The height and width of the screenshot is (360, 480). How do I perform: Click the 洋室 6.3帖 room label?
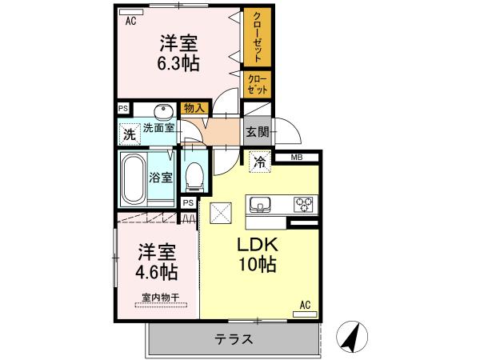point(178,54)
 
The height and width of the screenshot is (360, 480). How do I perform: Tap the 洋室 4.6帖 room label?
point(157,262)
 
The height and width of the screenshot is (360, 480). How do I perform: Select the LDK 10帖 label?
point(258,254)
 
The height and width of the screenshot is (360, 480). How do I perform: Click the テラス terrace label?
point(234,339)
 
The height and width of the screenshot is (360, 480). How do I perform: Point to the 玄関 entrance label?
point(258,132)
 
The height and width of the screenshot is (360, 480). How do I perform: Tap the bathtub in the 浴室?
point(134,180)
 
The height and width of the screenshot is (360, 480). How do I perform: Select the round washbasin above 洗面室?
point(163,112)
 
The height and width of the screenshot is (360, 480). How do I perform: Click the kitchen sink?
point(260,204)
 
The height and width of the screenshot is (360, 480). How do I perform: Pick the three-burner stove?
point(303,204)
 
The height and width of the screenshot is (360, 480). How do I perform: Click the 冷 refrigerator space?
point(260,162)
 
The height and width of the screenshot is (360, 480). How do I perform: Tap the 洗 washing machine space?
point(130,134)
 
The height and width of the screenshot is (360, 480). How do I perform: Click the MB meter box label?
point(297,158)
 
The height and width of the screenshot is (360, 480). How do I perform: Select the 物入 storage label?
point(194,108)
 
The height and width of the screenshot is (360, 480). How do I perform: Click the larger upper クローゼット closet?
point(258,37)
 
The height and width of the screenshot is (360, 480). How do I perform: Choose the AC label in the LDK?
point(305,305)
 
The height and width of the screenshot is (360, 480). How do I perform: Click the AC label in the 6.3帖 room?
point(130,21)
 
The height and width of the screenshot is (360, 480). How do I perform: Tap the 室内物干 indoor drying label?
point(161,298)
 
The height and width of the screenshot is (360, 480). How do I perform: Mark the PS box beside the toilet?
point(189,202)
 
